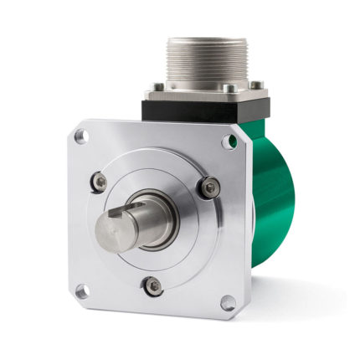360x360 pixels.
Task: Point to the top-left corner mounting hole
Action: (80, 133)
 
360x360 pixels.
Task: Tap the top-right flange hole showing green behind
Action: (228, 141)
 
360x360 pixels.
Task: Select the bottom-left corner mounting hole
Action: (81, 291)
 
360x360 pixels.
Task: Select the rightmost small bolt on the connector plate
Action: (258, 84)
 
